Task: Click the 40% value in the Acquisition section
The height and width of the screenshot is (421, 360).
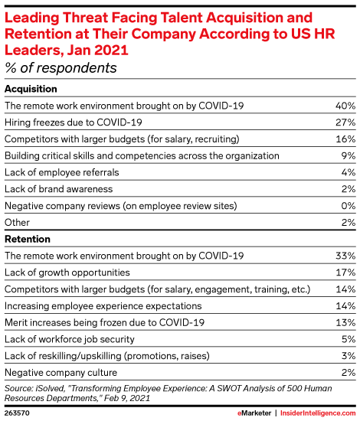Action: (x=345, y=104)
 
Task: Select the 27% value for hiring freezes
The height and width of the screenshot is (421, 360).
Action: (x=345, y=121)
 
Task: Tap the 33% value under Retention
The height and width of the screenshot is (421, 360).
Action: (x=345, y=255)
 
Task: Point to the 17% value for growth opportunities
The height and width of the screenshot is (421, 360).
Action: (x=345, y=272)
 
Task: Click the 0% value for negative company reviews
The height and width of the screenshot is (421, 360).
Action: (x=347, y=205)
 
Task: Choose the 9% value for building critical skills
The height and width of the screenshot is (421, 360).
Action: (x=348, y=155)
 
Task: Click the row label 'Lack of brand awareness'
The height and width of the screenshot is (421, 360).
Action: (x=58, y=188)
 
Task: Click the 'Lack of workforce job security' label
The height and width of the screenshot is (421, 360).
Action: (x=69, y=339)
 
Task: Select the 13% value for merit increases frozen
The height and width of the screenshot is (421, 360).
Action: (x=345, y=322)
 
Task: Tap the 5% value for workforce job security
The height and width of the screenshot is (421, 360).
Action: (x=348, y=339)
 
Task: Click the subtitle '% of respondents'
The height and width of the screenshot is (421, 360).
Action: (x=61, y=67)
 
